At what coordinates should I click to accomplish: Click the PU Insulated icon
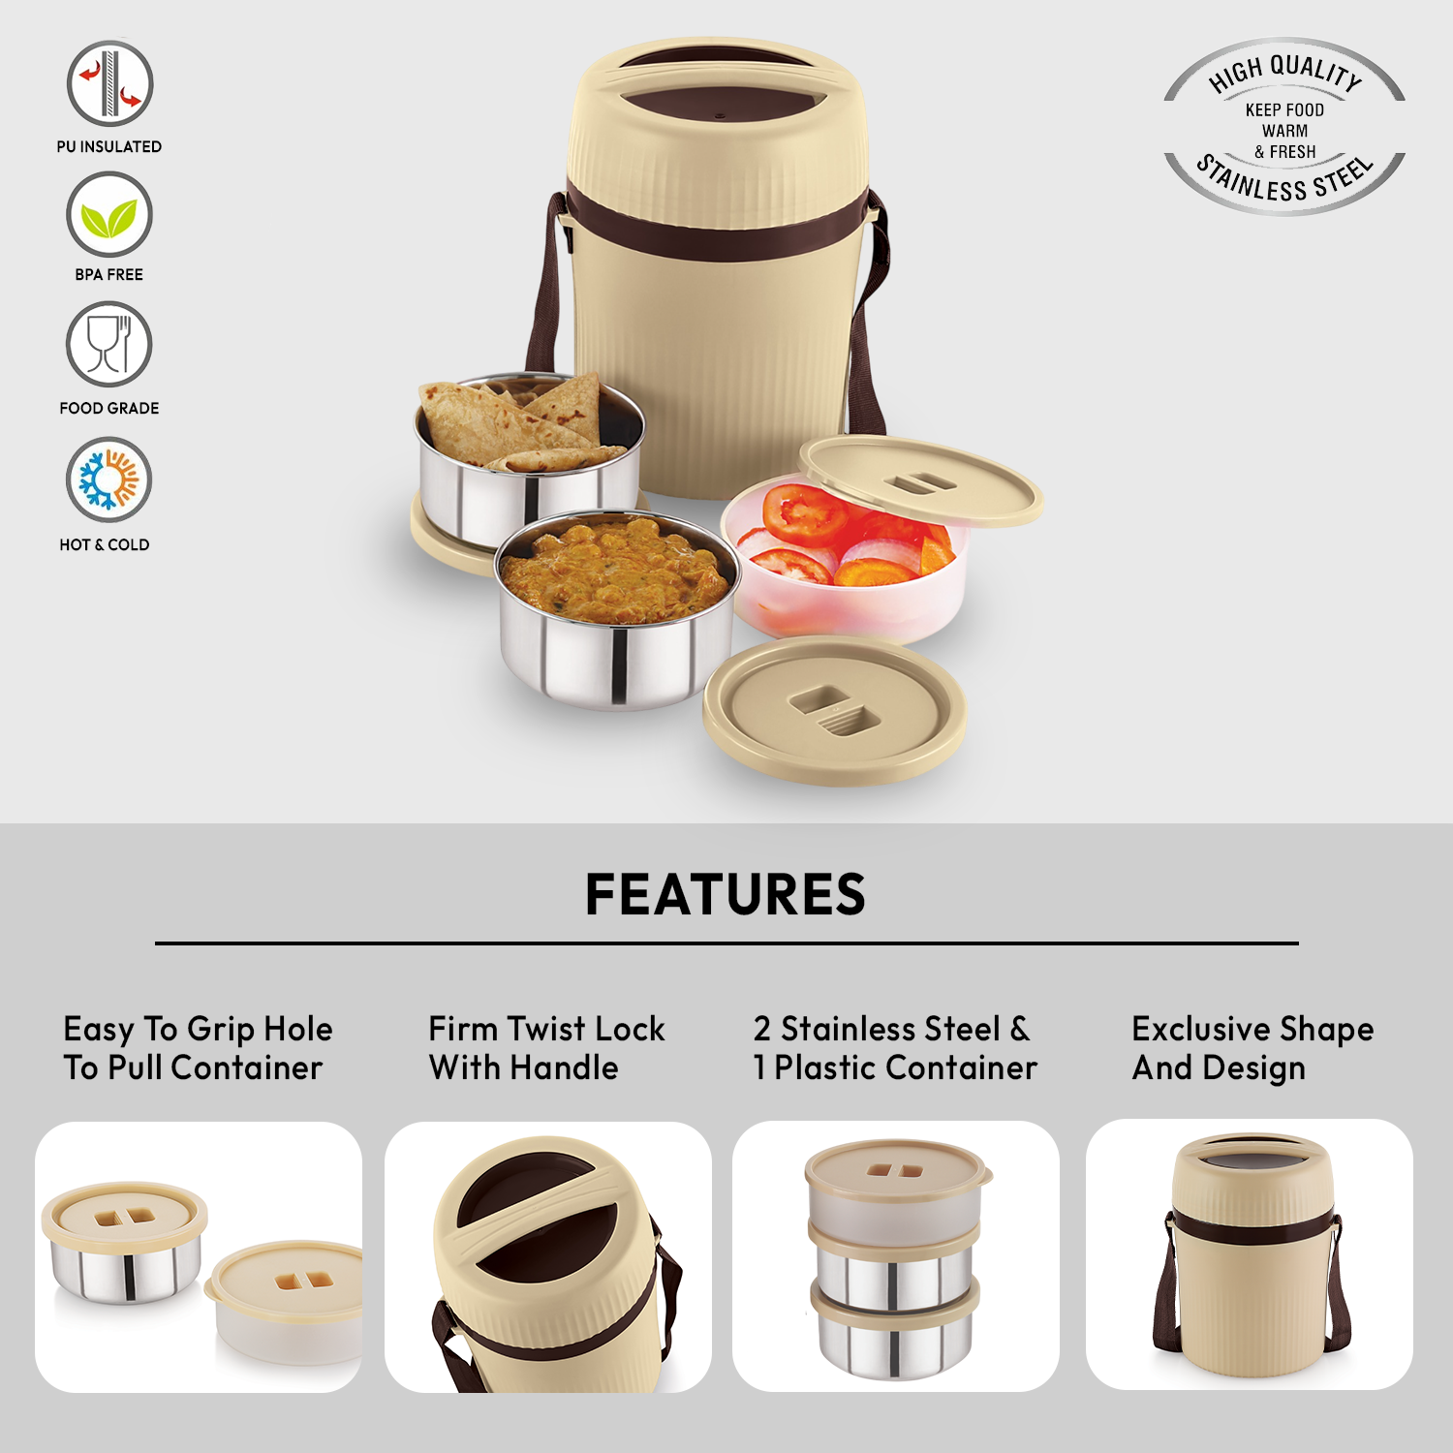[109, 83]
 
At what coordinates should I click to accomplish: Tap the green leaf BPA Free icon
[109, 215]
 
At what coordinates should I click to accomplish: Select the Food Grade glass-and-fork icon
[109, 345]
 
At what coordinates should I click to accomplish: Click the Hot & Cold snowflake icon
[109, 479]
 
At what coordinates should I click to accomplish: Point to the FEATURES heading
[726, 894]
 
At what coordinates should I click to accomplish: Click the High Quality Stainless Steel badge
[1284, 126]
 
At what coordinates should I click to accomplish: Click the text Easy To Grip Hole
[198, 1029]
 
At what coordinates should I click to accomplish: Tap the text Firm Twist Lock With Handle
[546, 1048]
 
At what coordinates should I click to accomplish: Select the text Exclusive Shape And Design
[1252, 1048]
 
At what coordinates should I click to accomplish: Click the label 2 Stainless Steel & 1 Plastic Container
[895, 1048]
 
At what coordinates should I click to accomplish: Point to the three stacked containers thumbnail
[896, 1256]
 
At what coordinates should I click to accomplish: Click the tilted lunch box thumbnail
[548, 1257]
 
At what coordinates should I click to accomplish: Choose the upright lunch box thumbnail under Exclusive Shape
[1250, 1254]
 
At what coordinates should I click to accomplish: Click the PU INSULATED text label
[109, 147]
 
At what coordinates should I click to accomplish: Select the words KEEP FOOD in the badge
[1284, 110]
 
